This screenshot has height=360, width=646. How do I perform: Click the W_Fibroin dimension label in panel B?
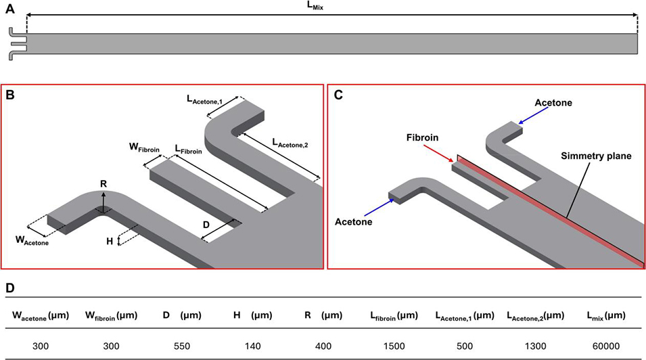pyautogui.click(x=143, y=148)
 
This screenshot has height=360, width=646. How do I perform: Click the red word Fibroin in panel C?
pyautogui.click(x=423, y=137)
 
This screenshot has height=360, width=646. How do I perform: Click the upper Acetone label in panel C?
pyautogui.click(x=553, y=103)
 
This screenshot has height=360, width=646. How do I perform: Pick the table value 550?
pyautogui.click(x=181, y=344)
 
